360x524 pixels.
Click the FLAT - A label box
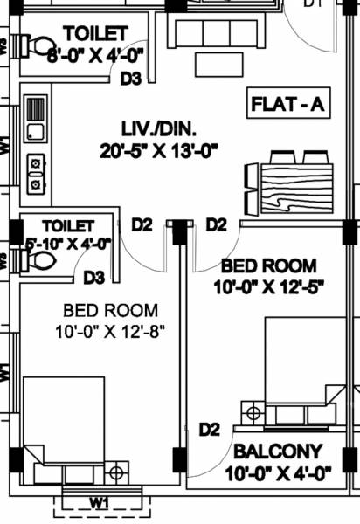tap(287, 105)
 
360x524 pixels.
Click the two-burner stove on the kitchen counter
tap(35, 172)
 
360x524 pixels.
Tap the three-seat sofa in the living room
tap(217, 33)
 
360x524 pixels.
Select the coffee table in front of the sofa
tap(218, 65)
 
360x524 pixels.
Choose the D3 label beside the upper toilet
tap(131, 79)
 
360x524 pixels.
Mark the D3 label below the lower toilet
tap(95, 279)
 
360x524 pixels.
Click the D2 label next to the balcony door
tap(209, 429)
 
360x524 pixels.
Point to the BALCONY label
tap(276, 452)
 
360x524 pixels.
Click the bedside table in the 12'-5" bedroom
tap(253, 412)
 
